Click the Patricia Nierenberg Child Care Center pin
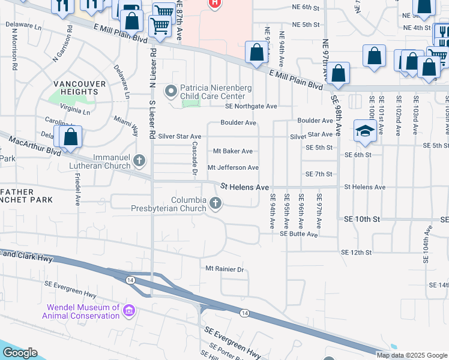pos(171,91)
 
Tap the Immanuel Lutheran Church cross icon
pos(139,160)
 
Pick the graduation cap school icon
pos(365,131)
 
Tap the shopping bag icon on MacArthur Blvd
pos(71,136)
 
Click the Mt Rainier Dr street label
pos(226,269)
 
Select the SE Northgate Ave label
pos(251,106)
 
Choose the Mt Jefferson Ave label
pos(233,167)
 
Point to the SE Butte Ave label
pos(298,234)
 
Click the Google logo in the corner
pos(20,353)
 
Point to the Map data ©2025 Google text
pos(411,355)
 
